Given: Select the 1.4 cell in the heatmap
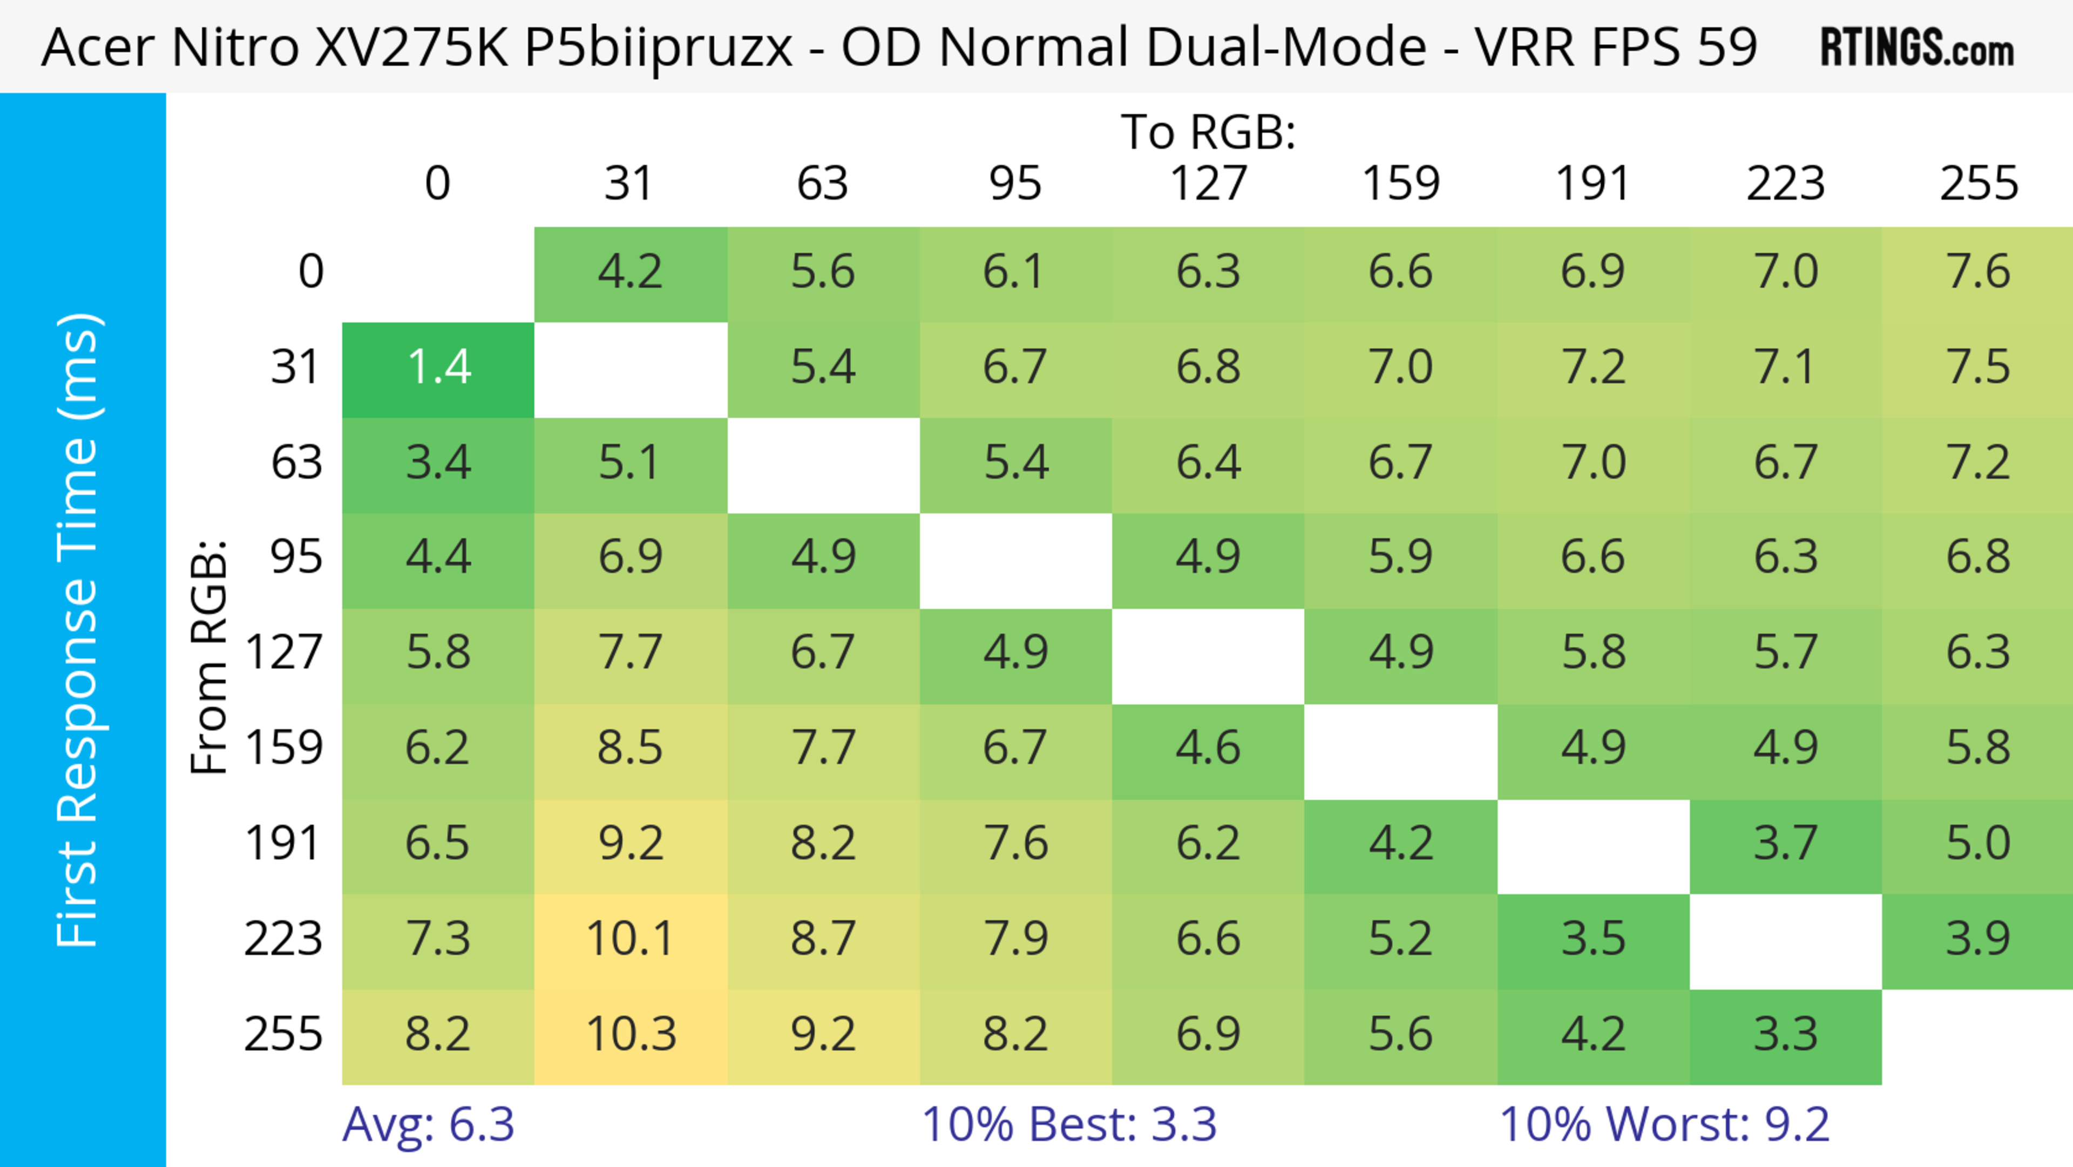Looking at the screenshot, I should click(438, 368).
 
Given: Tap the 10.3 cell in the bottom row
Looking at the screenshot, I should click(631, 1034).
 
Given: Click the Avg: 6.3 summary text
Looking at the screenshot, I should click(428, 1124).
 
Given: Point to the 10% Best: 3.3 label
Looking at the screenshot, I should click(1069, 1124).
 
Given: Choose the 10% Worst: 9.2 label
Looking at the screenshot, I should click(1664, 1124).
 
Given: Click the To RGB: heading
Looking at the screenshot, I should click(1208, 132).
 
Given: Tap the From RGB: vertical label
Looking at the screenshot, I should click(209, 656).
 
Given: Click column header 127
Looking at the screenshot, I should click(1208, 184).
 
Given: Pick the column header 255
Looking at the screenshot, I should click(1978, 184).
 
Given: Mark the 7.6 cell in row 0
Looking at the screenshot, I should click(1978, 271).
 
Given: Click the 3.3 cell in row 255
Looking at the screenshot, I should click(1786, 1034).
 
